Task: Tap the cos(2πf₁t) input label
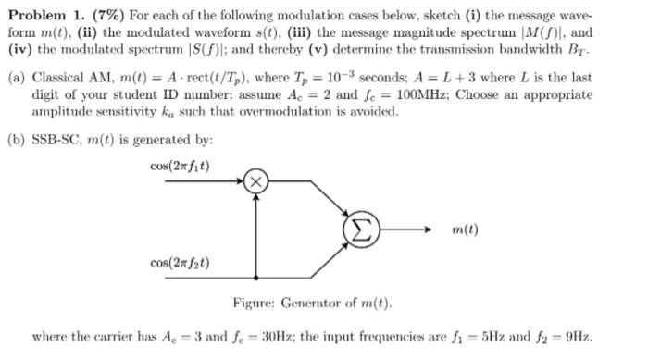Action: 180,167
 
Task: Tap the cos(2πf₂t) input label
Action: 180,263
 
